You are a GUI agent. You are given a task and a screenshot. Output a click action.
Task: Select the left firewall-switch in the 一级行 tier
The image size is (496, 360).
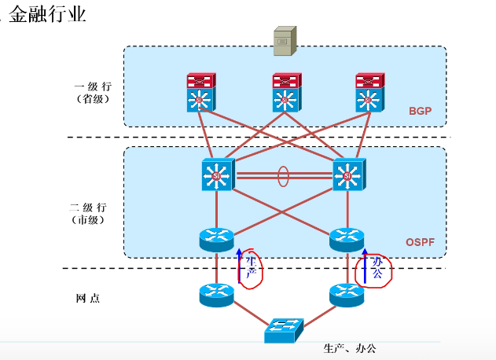tap(200, 91)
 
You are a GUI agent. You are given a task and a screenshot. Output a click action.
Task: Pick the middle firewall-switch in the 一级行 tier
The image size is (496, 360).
tap(285, 91)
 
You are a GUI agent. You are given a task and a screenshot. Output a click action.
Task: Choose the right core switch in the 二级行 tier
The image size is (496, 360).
tap(348, 174)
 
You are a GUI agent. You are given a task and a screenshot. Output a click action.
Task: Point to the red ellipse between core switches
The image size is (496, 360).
tap(283, 174)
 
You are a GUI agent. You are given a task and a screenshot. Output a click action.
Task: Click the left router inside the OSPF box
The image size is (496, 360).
tap(216, 237)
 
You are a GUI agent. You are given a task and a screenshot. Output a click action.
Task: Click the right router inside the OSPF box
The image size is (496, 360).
tap(347, 237)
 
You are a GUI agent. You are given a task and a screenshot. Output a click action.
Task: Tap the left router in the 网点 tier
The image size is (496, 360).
tap(216, 295)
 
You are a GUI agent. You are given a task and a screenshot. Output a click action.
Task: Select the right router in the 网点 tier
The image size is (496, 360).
tap(347, 295)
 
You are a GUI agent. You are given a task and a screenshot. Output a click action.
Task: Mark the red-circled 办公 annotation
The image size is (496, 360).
tap(375, 270)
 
